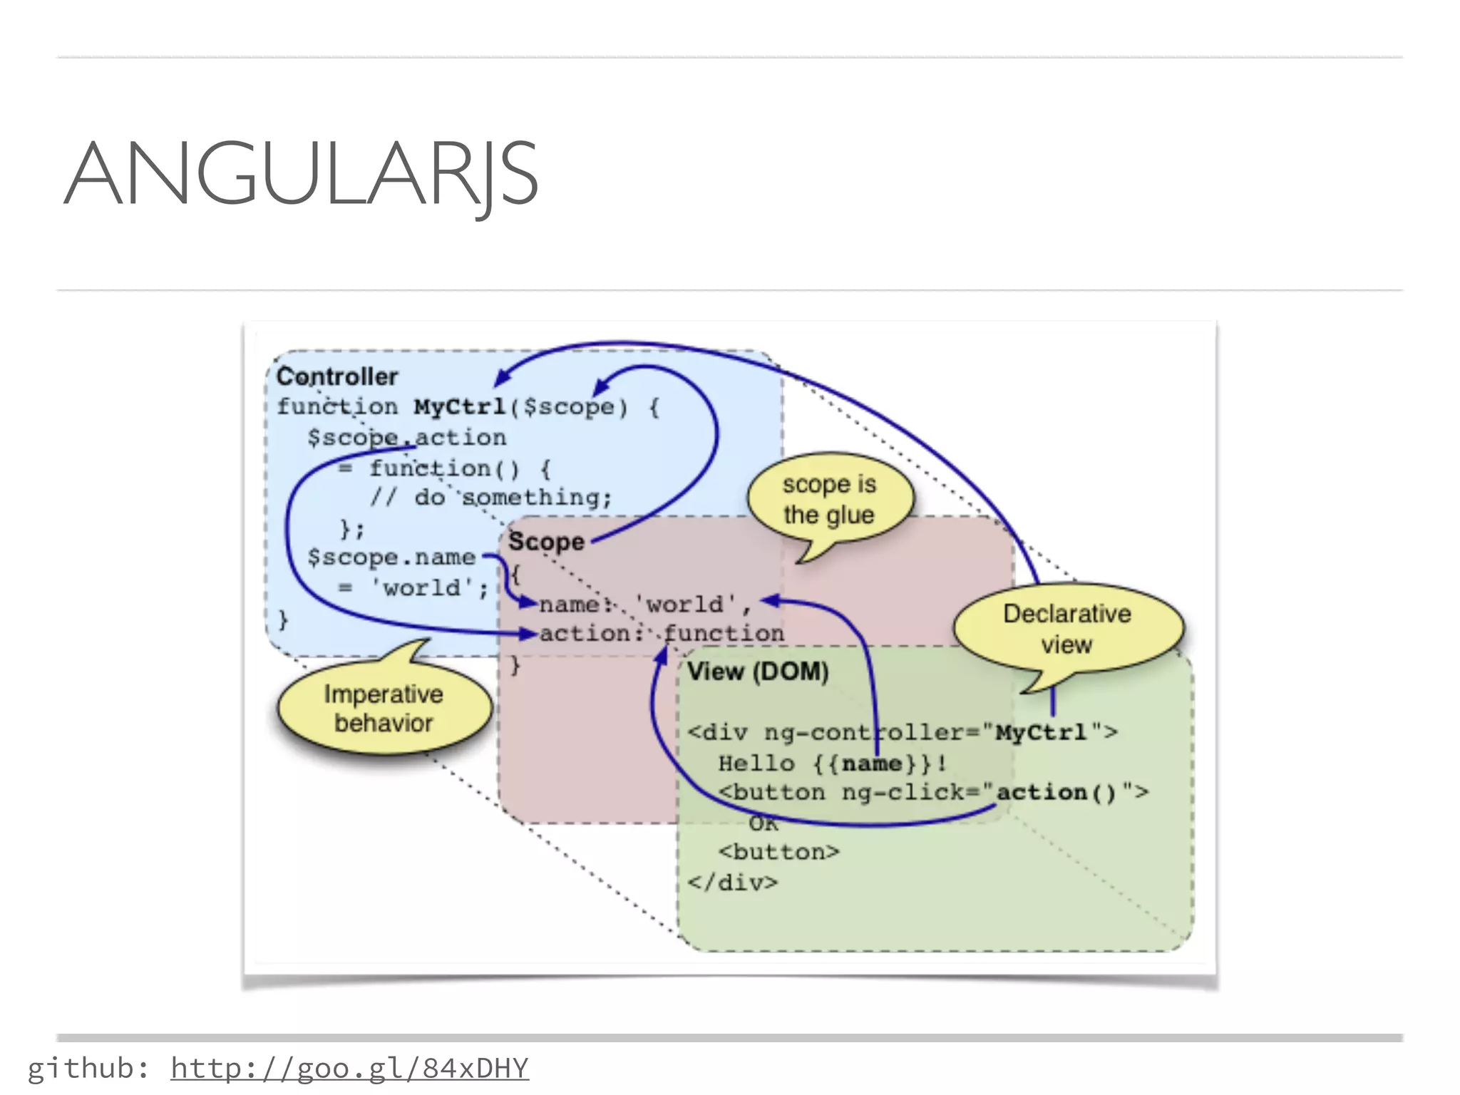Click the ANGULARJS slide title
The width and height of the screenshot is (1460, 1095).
point(301,174)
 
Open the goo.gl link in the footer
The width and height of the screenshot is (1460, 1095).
point(349,1068)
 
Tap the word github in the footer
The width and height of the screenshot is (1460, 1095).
point(79,1068)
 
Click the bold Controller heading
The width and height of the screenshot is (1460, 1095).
point(337,376)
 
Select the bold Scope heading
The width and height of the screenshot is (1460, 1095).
point(546,542)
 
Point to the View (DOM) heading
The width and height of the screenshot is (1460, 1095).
point(758,672)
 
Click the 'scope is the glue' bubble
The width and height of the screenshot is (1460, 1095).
point(829,499)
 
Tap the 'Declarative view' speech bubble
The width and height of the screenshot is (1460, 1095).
point(1066,629)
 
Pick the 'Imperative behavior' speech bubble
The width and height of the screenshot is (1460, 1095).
point(384,709)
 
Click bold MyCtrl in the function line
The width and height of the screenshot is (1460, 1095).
point(460,407)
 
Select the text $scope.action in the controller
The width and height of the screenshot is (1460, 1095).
point(406,437)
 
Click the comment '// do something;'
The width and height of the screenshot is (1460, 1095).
point(491,497)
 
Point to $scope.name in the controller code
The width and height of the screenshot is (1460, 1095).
point(391,557)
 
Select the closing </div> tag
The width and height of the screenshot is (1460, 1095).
point(733,883)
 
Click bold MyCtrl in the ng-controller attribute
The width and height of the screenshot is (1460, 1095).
point(1041,732)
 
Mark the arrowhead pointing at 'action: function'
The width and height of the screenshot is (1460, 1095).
point(528,633)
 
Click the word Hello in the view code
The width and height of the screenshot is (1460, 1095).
point(756,764)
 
